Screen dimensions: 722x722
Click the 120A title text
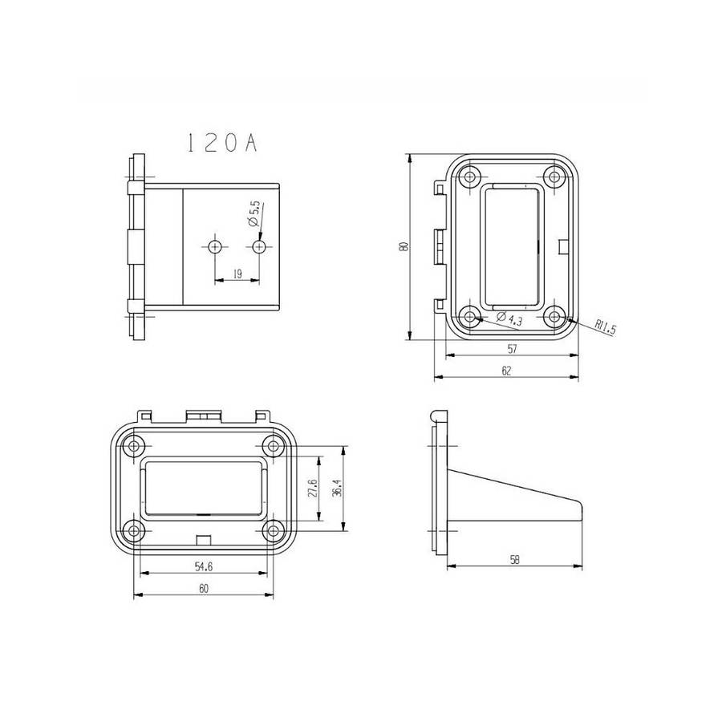click(221, 143)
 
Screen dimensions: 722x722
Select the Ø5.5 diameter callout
click(253, 213)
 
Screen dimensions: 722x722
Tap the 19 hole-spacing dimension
click(237, 274)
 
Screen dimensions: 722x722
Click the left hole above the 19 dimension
click(215, 246)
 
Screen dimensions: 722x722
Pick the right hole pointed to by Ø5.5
click(259, 246)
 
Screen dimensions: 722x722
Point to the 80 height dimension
click(406, 246)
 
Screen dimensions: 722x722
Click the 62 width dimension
click(506, 371)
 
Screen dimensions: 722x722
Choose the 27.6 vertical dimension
click(313, 489)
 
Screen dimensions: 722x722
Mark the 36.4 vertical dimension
click(336, 489)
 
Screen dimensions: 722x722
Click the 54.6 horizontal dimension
click(203, 566)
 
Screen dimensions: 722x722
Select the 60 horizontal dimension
click(203, 588)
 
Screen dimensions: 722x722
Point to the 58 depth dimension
click(514, 560)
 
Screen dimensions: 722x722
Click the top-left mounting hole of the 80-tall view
click(469, 176)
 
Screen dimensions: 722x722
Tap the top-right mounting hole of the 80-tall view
click(553, 176)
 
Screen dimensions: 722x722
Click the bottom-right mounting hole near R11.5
click(553, 315)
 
